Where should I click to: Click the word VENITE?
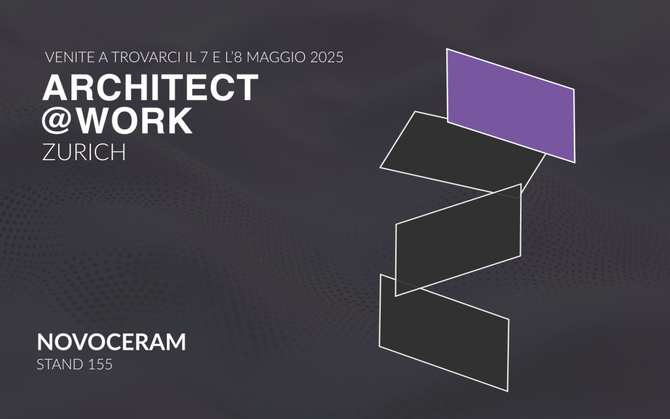tap(69, 57)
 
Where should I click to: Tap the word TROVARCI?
tap(146, 57)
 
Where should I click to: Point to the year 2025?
tap(327, 57)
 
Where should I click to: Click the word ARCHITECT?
tap(150, 88)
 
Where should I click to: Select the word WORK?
tap(134, 120)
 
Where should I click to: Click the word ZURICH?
tap(84, 152)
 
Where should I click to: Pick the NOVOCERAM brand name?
tap(111, 342)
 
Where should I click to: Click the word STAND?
tap(60, 364)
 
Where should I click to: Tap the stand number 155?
tap(100, 364)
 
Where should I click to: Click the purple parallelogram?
tap(510, 105)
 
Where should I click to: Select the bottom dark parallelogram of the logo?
tap(444, 333)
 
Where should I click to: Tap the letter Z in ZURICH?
tap(49, 152)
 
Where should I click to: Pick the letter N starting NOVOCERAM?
tap(45, 342)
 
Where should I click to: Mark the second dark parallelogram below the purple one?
tap(459, 240)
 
